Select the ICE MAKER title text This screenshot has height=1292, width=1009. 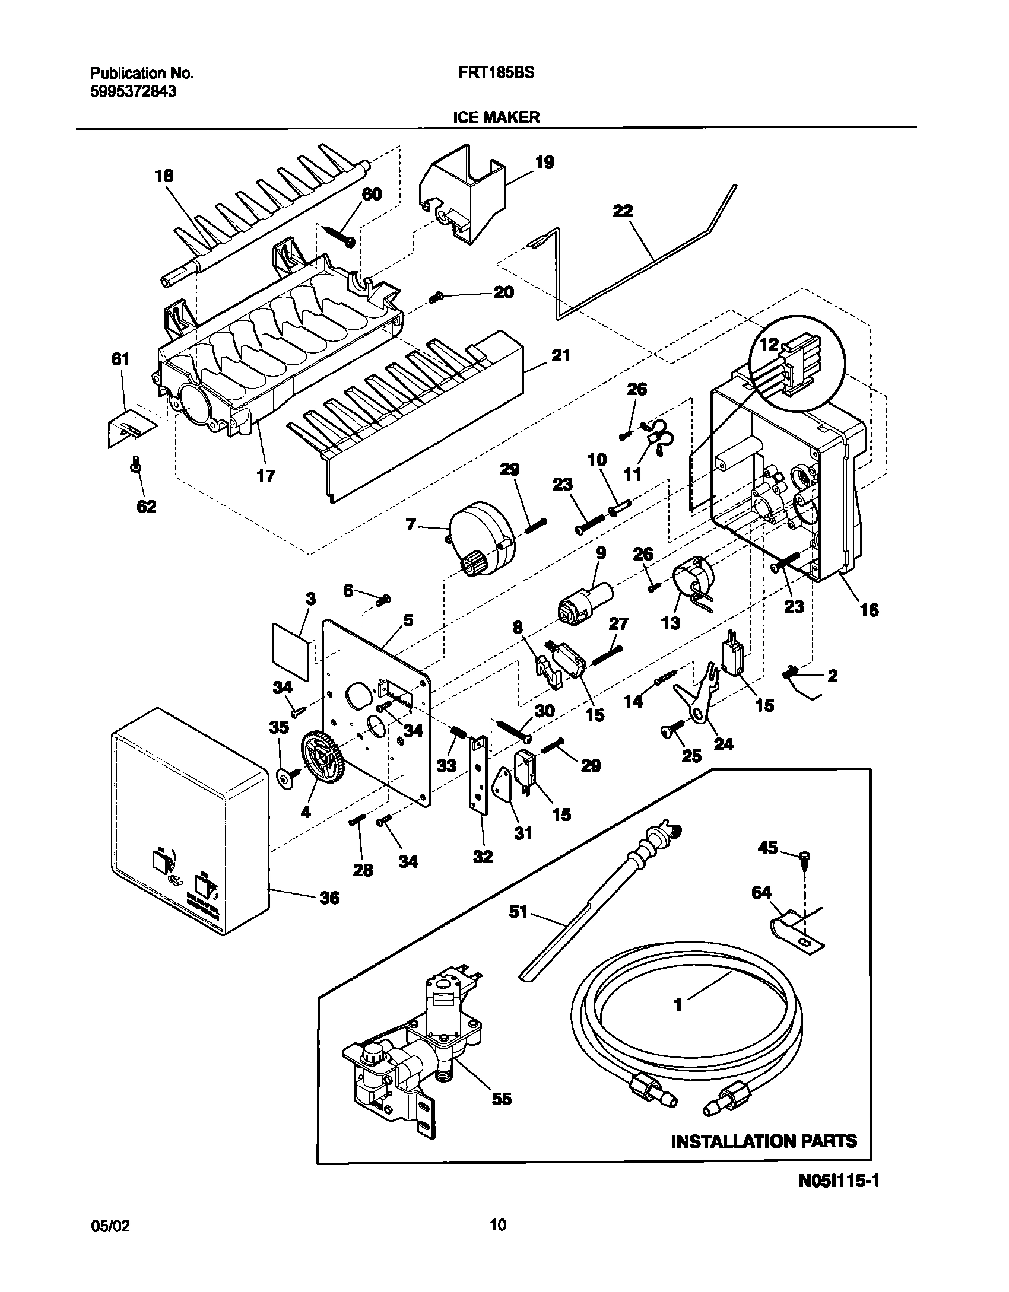point(496,117)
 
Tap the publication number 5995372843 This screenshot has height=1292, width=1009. point(133,92)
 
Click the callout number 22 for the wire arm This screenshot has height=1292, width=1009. point(622,212)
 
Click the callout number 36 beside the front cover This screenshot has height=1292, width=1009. point(329,898)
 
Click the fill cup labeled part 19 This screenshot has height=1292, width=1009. point(463,193)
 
